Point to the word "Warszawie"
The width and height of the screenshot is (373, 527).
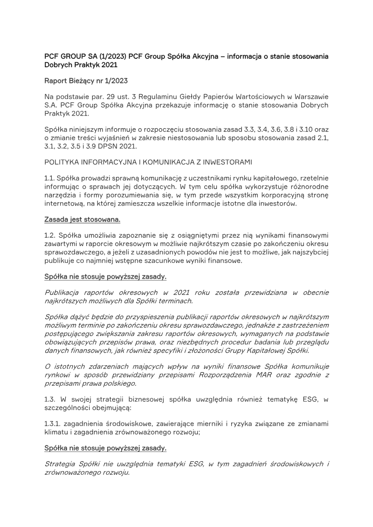point(307,96)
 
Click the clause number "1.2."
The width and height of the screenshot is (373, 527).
point(51,235)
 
